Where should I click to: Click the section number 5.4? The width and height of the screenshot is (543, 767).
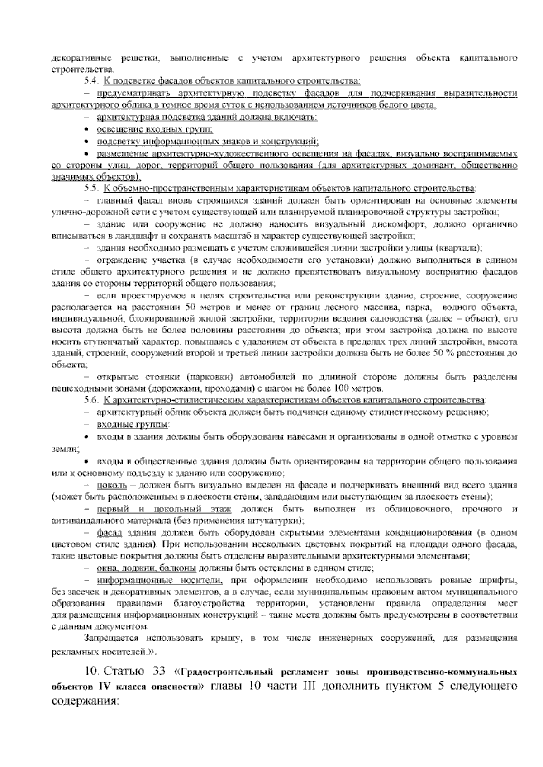click(90, 81)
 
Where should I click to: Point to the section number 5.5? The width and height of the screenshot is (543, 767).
click(90, 188)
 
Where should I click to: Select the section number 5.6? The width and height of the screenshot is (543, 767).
click(90, 400)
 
